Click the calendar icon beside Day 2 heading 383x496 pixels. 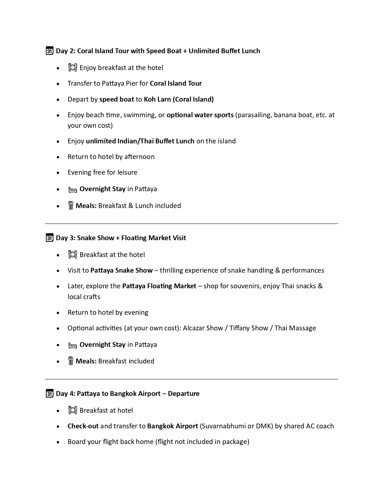[x=50, y=51]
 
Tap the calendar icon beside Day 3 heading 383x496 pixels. [x=50, y=238]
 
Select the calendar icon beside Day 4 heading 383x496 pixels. [x=50, y=393]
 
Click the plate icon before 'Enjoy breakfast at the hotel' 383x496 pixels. [x=73, y=68]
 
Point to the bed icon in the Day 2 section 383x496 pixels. [x=73, y=190]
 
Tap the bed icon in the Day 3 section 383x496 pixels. [x=73, y=345]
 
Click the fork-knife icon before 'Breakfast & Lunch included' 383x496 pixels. [x=71, y=206]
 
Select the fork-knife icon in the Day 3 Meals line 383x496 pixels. [x=71, y=361]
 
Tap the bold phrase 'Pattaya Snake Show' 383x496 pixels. [x=121, y=270]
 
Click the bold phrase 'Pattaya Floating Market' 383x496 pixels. [x=159, y=286]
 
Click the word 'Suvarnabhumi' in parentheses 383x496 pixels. [x=224, y=426]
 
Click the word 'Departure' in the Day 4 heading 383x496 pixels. [x=184, y=393]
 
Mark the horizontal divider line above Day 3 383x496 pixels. [x=191, y=224]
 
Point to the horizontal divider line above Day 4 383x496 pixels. [x=191, y=379]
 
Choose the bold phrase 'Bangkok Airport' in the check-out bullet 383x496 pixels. [x=172, y=426]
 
